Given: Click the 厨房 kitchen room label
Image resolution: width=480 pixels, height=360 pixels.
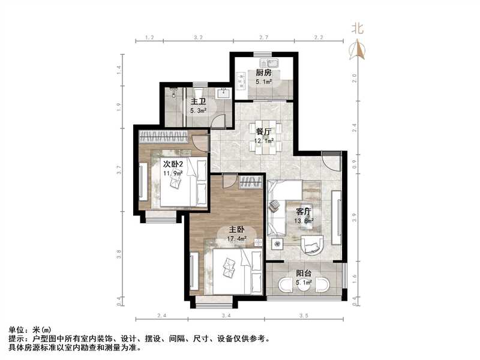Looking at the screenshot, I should pyautogui.click(x=264, y=73).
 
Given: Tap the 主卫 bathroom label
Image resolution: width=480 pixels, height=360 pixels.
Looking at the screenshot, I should pyautogui.click(x=199, y=101).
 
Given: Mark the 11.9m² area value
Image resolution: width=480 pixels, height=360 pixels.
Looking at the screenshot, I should pyautogui.click(x=172, y=173).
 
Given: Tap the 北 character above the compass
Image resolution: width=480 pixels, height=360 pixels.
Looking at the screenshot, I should pyautogui.click(x=358, y=28).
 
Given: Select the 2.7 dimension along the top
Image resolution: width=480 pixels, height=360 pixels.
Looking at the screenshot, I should pyautogui.click(x=263, y=38).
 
